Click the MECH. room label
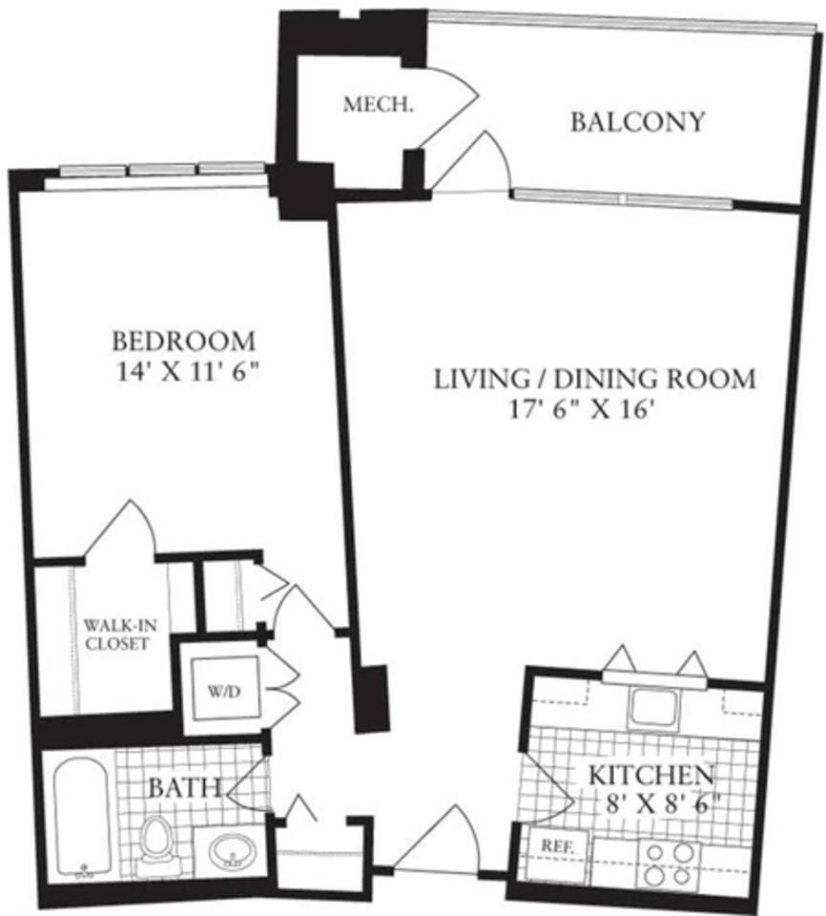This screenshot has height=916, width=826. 365,104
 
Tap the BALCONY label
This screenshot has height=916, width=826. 638,122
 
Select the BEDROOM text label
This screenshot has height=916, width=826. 184,341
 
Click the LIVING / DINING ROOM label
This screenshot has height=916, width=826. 595,379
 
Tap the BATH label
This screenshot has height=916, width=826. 185,789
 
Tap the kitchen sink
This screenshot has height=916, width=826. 651,707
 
